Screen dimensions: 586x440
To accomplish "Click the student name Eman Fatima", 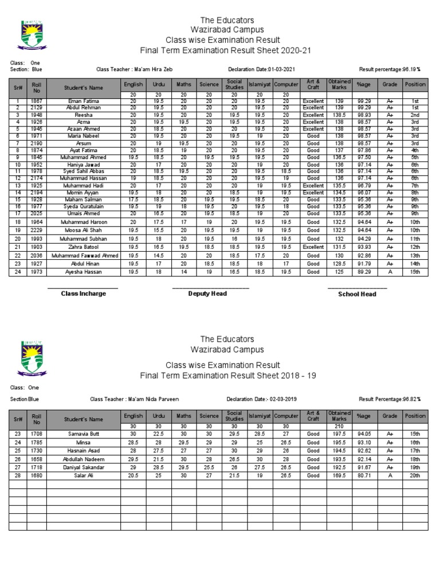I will click(84, 101).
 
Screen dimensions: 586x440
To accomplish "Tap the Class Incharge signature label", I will click(84, 294).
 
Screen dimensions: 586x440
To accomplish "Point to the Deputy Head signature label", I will click(207, 294).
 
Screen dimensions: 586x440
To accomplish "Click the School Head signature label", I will click(357, 294).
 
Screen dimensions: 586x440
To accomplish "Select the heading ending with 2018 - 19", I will click(228, 375).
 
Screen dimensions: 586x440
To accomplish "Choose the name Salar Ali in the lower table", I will click(84, 475).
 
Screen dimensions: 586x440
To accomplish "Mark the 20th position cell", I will click(415, 475).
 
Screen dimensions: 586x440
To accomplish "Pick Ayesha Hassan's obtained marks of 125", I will click(339, 272).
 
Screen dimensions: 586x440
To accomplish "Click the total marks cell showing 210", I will click(339, 426).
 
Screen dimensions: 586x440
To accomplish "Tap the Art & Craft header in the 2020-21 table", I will click(313, 84).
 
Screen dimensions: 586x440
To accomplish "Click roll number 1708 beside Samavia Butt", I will click(37, 434).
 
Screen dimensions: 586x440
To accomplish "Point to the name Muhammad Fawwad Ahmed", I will click(84, 255).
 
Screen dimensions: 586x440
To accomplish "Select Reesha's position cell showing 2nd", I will click(415, 115).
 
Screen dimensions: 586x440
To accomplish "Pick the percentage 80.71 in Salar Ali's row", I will click(364, 475).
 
